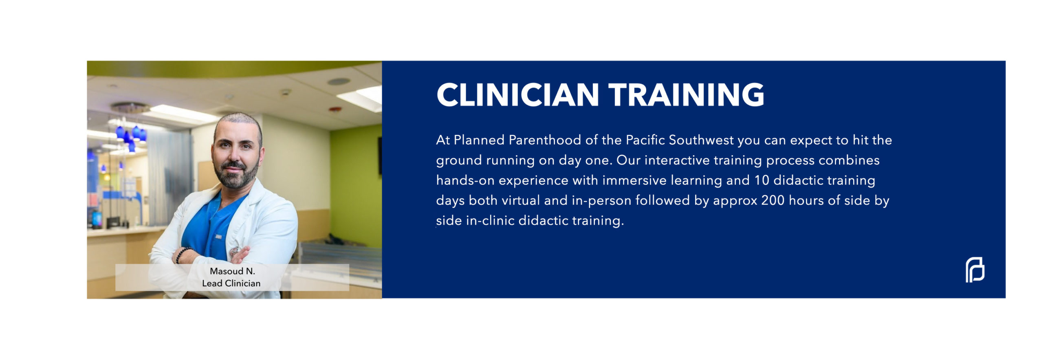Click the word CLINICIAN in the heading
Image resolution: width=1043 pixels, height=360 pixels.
point(517,94)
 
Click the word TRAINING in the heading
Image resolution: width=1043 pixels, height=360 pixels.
point(687,94)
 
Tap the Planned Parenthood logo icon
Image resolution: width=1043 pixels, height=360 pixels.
point(975,270)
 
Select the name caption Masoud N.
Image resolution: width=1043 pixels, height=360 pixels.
point(232,271)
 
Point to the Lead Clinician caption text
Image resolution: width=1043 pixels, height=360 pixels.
point(231,283)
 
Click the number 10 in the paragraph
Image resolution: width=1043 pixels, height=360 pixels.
point(761,180)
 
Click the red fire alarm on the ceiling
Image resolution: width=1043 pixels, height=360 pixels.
point(334,110)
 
